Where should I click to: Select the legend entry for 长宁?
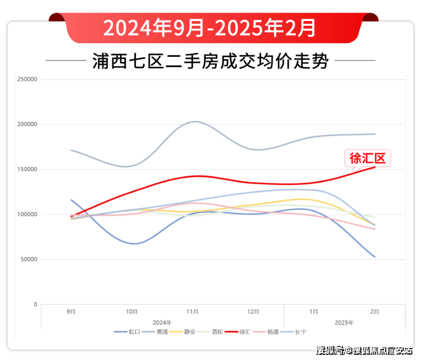[300, 332]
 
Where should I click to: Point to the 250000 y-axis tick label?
[27, 80]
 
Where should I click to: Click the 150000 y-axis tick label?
[27, 169]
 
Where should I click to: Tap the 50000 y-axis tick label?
[29, 259]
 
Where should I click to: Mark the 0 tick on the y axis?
[35, 304]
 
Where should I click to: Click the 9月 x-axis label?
[71, 312]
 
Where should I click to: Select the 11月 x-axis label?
[192, 312]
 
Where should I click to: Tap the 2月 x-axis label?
[375, 312]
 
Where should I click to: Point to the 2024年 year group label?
[162, 322]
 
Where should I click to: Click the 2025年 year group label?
[344, 322]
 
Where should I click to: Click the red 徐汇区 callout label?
[368, 158]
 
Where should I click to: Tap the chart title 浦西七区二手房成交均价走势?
[210, 61]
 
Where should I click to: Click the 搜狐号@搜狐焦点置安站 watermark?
[364, 350]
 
